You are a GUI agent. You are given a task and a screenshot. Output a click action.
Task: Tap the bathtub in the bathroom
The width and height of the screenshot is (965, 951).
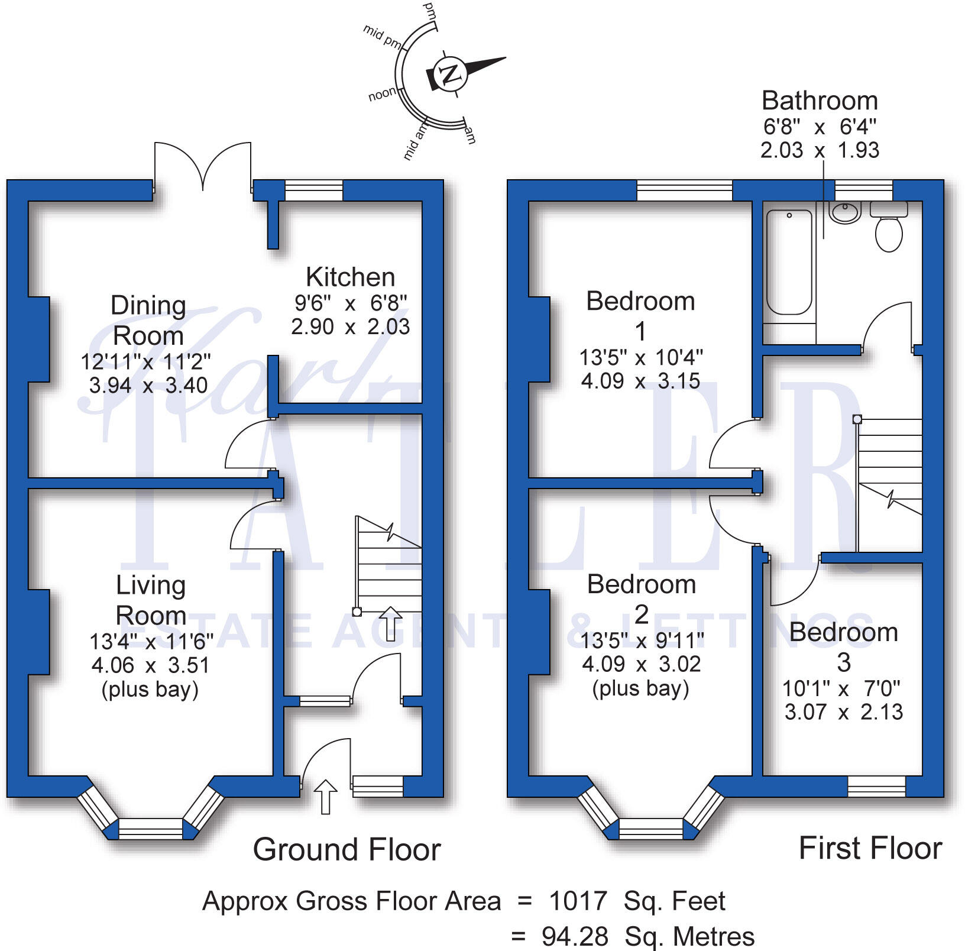(x=789, y=262)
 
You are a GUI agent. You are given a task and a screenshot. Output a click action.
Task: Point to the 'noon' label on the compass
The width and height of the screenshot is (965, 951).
(x=382, y=94)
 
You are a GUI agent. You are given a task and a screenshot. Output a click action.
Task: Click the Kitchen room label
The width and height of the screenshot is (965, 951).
(x=350, y=277)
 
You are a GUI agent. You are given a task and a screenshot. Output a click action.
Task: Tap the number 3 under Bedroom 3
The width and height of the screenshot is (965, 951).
(x=844, y=662)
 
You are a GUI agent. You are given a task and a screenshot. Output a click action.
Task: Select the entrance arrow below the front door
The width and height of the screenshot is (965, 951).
(x=325, y=795)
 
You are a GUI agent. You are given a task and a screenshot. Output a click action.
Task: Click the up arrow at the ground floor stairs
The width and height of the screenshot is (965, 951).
(x=390, y=623)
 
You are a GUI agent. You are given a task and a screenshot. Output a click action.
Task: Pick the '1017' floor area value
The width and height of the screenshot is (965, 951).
(x=578, y=901)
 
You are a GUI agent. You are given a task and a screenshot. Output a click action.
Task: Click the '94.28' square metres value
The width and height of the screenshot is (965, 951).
(x=575, y=936)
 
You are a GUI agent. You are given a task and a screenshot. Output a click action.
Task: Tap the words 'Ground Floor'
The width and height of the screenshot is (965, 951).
(x=347, y=849)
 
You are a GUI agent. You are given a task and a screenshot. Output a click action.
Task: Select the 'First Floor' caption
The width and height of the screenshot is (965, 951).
(x=870, y=848)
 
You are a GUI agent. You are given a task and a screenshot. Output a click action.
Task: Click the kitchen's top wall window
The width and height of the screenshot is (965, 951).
(x=314, y=190)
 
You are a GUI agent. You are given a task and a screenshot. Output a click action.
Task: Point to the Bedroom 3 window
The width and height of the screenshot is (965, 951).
(x=876, y=786)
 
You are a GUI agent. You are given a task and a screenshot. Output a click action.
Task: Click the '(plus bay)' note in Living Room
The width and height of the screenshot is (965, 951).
(x=150, y=690)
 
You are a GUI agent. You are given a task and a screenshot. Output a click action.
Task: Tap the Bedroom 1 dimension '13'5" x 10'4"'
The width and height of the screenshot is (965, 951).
(x=641, y=357)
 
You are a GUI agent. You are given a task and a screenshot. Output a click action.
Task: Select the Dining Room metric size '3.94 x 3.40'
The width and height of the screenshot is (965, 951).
(x=148, y=386)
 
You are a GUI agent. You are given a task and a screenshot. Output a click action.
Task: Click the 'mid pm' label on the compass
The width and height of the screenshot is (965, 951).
(x=381, y=35)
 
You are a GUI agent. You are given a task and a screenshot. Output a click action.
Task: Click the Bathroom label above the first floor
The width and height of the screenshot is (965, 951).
(x=820, y=101)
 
